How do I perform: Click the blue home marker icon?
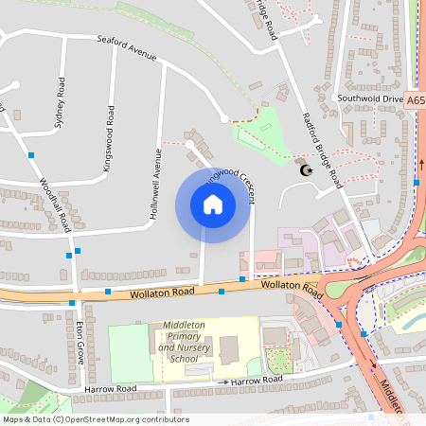coord(213,204)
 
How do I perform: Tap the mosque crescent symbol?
coord(305,170)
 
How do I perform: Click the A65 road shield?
coord(417,98)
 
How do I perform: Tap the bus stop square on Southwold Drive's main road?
coord(417,181)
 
